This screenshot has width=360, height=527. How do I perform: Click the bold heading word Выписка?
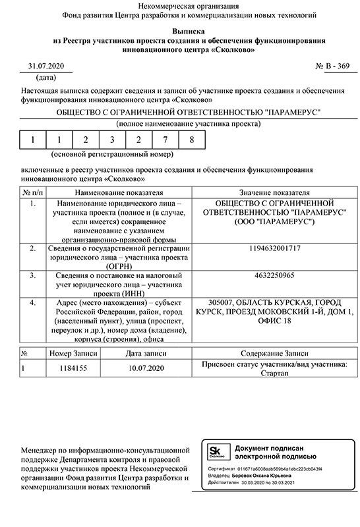click(179, 31)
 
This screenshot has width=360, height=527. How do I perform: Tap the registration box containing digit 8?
click(191, 140)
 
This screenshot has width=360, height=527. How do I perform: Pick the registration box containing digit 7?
click(165, 140)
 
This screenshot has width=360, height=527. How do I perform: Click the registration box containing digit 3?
click(111, 140)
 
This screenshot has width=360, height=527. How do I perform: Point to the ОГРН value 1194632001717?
click(276, 248)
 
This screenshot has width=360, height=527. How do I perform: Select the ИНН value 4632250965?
click(276, 275)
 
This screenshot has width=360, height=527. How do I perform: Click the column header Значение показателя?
click(275, 192)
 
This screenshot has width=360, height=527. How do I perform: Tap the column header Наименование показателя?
click(119, 192)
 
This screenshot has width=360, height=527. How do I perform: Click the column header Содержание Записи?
click(275, 353)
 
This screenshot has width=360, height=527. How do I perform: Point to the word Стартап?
click(275, 374)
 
